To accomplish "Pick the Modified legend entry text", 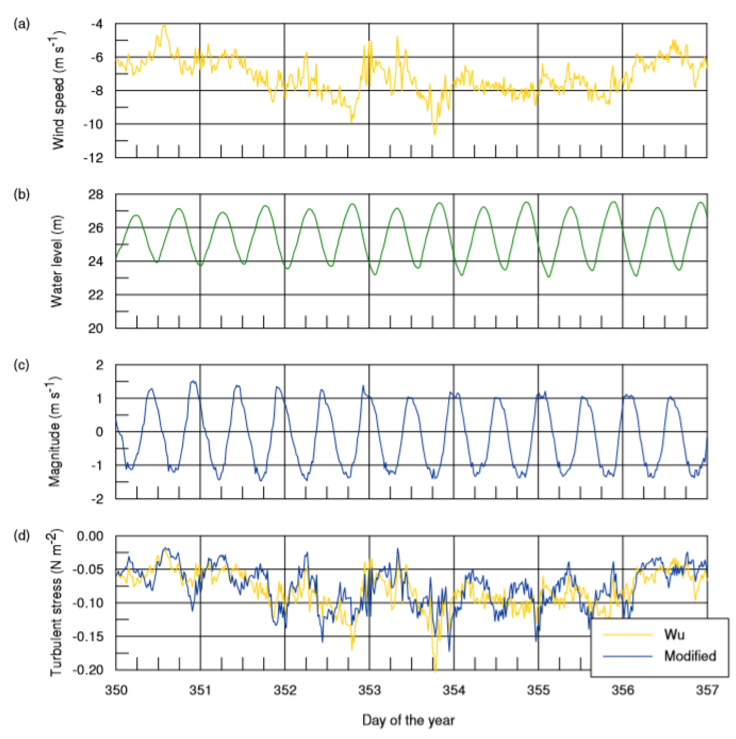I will (690, 656).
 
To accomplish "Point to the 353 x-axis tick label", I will (369, 690).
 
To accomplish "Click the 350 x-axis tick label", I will (116, 690).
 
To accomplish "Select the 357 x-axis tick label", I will (707, 690).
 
